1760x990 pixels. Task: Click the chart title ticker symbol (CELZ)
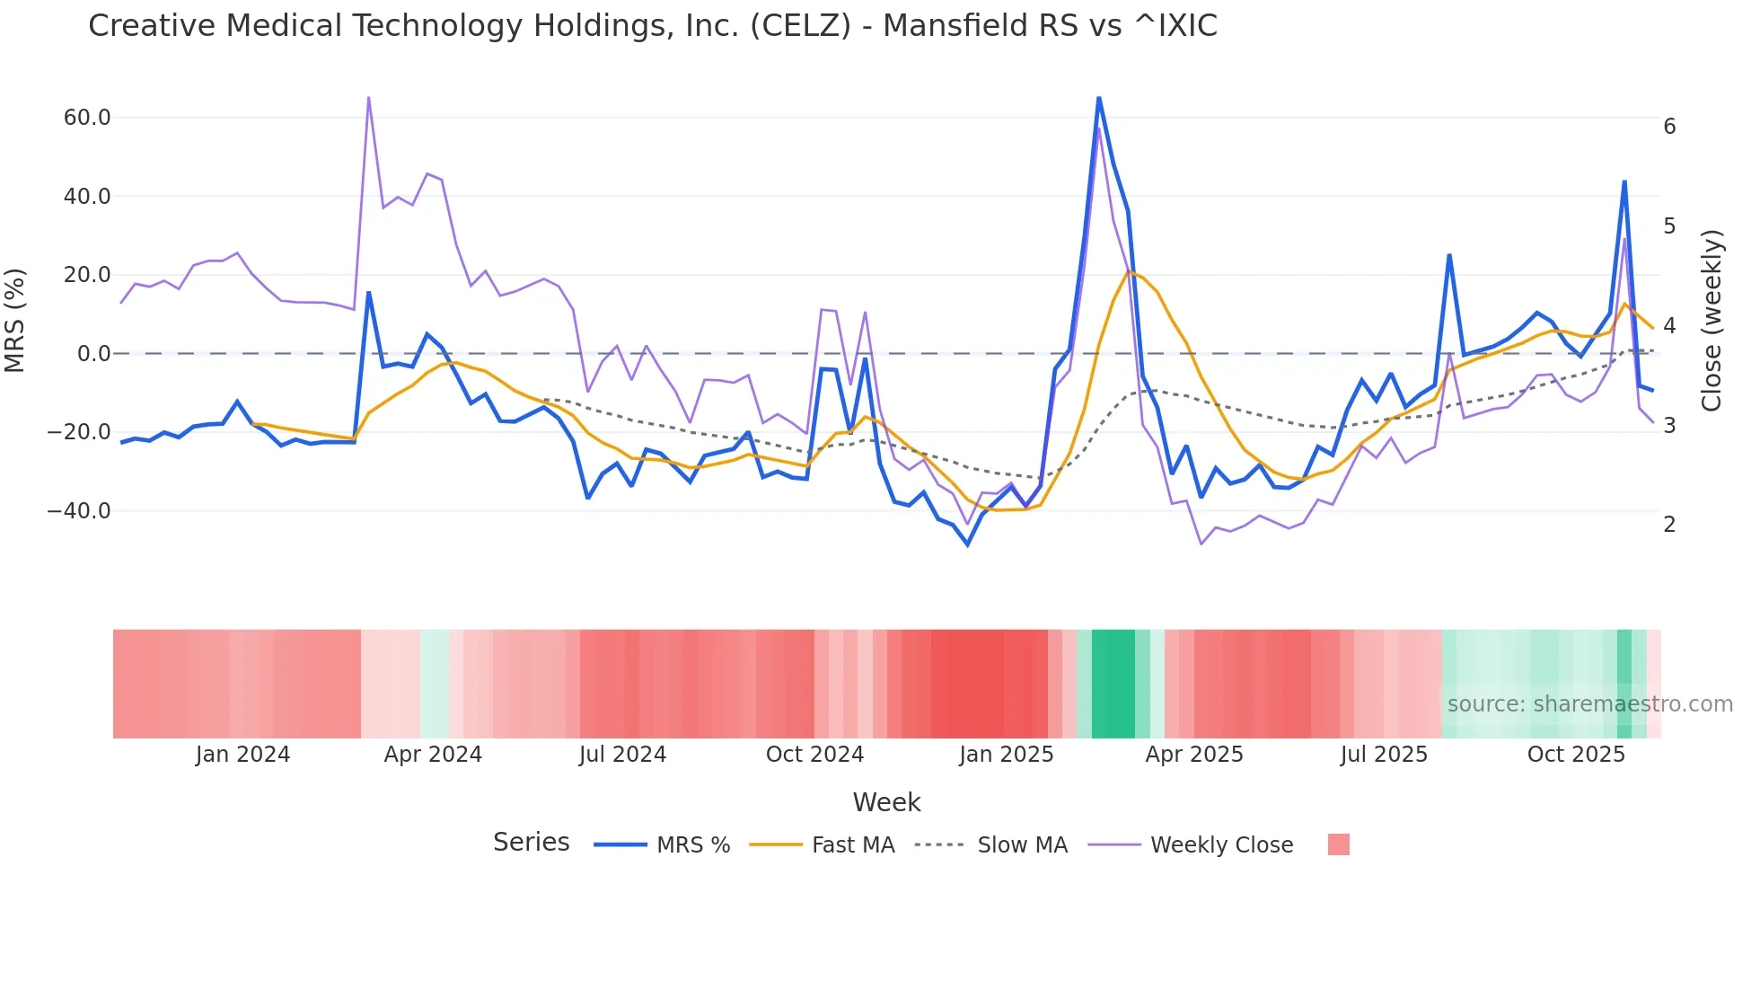click(x=800, y=26)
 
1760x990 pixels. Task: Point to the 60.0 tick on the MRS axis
click(x=87, y=118)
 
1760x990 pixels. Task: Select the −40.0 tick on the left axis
click(x=79, y=511)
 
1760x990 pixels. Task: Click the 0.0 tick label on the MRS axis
click(x=93, y=354)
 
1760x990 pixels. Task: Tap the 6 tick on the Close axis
click(x=1669, y=127)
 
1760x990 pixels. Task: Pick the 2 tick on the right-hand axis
click(x=1669, y=525)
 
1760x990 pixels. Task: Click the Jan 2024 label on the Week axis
click(x=242, y=755)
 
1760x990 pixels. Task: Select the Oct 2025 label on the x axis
click(x=1576, y=755)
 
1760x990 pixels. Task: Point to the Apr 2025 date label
click(x=1193, y=755)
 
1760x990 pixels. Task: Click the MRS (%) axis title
click(x=15, y=321)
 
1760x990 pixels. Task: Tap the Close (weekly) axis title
click(x=1712, y=321)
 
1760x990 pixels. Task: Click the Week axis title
click(x=886, y=802)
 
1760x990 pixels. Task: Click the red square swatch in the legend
click(x=1338, y=844)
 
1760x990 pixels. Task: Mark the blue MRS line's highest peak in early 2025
click(x=1099, y=97)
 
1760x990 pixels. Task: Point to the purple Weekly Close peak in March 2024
click(x=369, y=97)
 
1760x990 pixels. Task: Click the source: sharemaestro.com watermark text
click(x=1589, y=704)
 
